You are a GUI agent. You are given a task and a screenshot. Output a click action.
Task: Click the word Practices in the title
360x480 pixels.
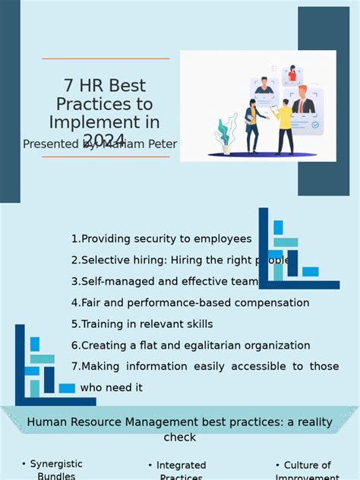click(106, 104)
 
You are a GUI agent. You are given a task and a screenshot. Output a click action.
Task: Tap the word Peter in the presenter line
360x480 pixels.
click(161, 144)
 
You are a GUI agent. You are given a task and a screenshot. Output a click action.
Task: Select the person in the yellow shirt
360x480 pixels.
click(285, 125)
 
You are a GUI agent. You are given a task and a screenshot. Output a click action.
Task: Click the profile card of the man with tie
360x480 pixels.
click(307, 103)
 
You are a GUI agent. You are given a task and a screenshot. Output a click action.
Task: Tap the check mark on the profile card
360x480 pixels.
click(315, 125)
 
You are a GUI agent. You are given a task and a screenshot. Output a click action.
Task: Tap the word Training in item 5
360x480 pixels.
click(102, 324)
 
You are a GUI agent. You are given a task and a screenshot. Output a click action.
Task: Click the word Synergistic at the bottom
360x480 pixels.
click(56, 464)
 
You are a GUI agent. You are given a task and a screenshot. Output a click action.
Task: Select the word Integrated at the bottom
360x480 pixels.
click(181, 465)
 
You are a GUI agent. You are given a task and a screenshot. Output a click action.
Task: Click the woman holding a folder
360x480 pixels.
click(254, 122)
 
